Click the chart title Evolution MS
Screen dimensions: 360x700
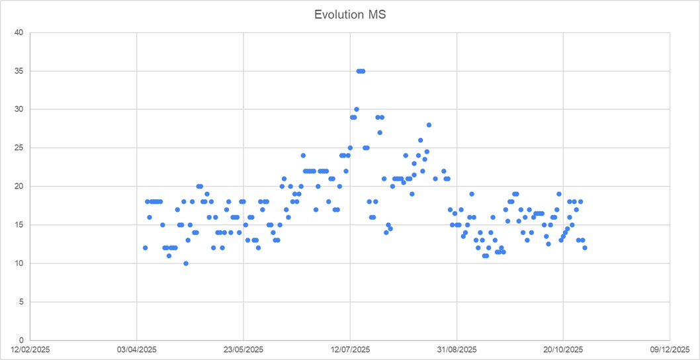pos(350,15)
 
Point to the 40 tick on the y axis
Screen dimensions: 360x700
pos(19,32)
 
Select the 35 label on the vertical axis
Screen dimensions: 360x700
pos(19,71)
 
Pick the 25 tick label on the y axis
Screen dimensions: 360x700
pos(19,148)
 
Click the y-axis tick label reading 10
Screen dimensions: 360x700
pos(19,263)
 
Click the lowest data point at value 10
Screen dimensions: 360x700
pos(186,263)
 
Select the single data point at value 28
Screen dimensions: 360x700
pos(429,124)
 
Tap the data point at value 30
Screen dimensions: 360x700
pos(357,109)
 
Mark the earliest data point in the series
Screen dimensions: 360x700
pos(145,247)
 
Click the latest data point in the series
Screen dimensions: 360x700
pos(585,247)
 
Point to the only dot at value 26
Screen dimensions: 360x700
pos(420,140)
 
